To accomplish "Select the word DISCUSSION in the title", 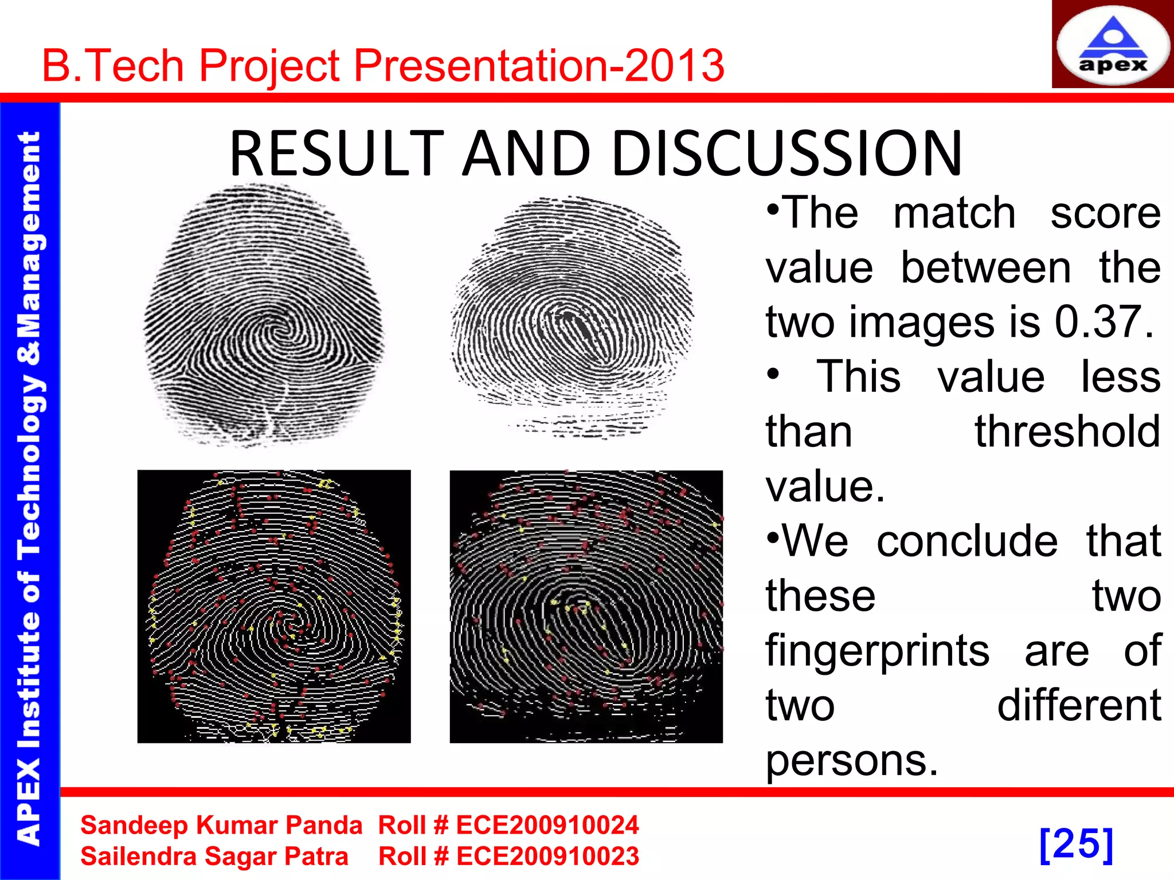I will click(x=786, y=154).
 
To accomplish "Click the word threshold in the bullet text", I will click(x=1067, y=432).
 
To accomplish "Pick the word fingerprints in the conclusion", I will click(x=878, y=652).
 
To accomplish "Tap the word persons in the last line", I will click(x=852, y=761).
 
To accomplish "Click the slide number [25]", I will click(x=1076, y=844).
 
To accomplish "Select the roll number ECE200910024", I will click(x=547, y=826).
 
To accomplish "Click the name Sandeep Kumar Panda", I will click(x=221, y=826).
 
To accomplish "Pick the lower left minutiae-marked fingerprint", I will click(x=274, y=607).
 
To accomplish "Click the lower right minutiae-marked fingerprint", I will click(x=586, y=607).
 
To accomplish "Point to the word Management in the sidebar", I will click(x=30, y=235).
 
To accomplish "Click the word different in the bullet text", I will click(x=1079, y=706).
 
